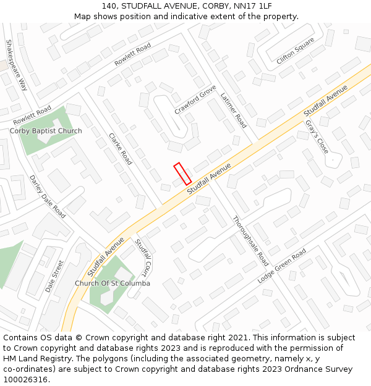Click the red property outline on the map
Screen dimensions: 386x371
tap(182, 174)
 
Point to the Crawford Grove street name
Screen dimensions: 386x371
tap(195, 99)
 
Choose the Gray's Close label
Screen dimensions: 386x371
tap(317, 136)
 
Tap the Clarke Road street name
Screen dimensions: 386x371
tap(120, 149)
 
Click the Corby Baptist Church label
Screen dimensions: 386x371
tap(46, 131)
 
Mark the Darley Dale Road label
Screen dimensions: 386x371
tap(48, 196)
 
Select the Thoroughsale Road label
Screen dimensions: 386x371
tap(250, 237)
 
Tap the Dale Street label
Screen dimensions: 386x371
tap(54, 276)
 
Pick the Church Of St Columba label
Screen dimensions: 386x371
tap(113, 283)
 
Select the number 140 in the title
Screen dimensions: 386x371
tap(110, 6)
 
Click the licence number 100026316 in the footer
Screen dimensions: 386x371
tap(25, 380)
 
